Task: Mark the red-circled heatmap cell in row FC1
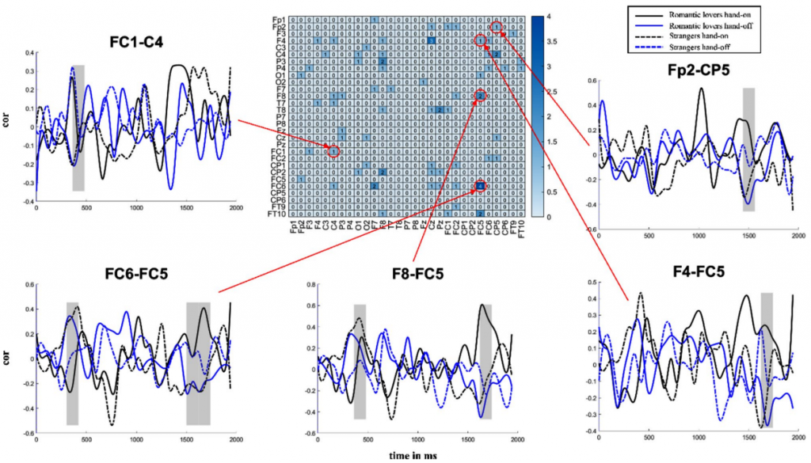[x=333, y=150]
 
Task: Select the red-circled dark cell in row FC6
[x=480, y=186]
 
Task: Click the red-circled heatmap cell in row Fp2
[x=497, y=27]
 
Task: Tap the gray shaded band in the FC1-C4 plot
[x=78, y=127]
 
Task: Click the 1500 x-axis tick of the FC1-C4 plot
[x=187, y=208]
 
